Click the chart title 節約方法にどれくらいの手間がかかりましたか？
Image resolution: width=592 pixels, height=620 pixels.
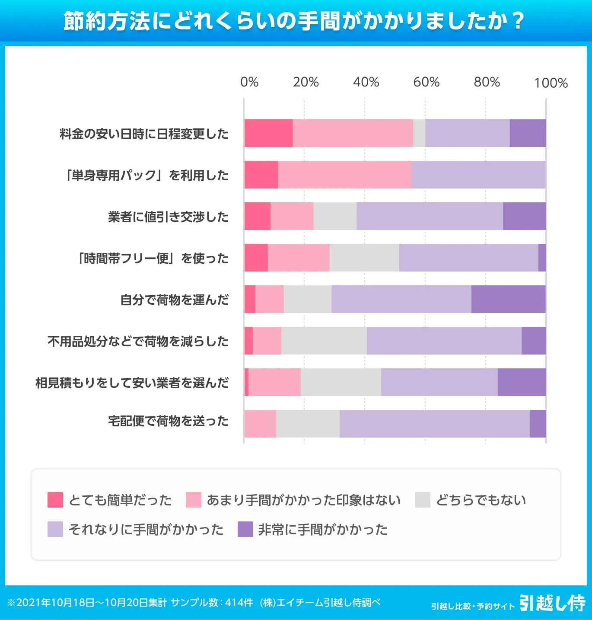(294, 21)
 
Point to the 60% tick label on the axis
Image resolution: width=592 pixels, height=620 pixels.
(426, 82)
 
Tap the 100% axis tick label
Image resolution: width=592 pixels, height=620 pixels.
(551, 83)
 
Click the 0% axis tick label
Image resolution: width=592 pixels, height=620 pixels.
(249, 82)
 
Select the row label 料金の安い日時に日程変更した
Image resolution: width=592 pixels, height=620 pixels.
(144, 134)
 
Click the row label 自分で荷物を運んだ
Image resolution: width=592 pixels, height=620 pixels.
(174, 300)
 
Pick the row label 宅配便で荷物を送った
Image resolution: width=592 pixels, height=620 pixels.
(168, 421)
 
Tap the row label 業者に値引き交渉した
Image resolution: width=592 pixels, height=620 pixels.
(168, 217)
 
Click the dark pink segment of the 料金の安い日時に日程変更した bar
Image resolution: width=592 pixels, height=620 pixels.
(268, 133)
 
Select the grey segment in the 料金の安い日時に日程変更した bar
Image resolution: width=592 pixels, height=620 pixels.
(419, 133)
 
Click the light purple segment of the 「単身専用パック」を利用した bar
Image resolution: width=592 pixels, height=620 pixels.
(478, 175)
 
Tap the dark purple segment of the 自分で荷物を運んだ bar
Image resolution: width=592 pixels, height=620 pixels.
(508, 299)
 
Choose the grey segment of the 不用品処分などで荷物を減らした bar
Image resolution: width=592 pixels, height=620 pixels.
(324, 341)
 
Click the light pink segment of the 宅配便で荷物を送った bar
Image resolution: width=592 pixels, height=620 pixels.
(260, 424)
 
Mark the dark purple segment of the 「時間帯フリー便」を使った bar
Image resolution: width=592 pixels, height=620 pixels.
(542, 258)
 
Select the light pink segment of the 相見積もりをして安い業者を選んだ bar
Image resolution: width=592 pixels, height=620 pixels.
(274, 382)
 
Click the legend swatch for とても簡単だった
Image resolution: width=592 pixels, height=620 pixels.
(55, 500)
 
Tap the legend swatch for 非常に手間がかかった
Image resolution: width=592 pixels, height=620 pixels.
(245, 529)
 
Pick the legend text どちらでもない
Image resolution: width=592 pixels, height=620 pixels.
(481, 500)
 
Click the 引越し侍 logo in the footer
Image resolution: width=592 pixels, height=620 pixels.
(552, 603)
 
